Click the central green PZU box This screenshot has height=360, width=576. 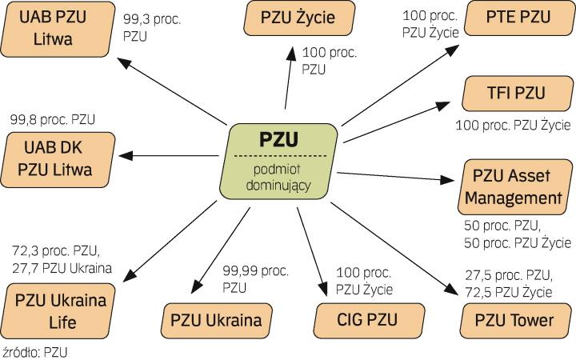pos(280,161)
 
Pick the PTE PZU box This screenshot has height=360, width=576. pos(517,16)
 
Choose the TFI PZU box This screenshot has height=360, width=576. pos(516,94)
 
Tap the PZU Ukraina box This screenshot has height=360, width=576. pos(215,321)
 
